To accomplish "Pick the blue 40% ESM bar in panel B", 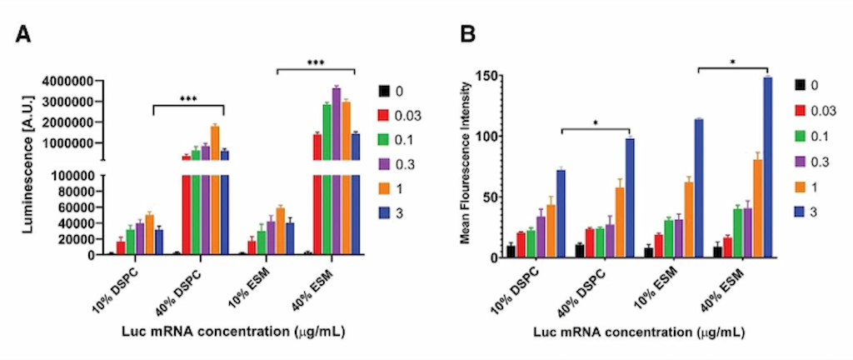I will coord(767,167).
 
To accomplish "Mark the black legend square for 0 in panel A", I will coord(385,90).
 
